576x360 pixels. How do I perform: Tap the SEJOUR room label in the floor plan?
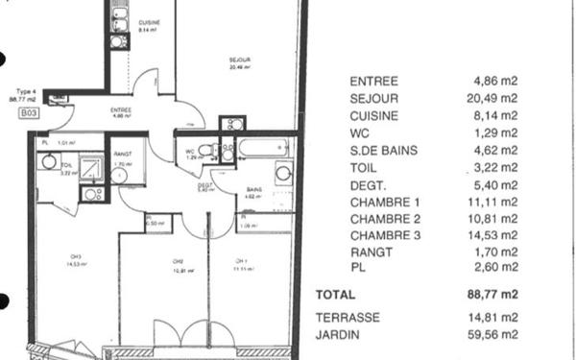239,59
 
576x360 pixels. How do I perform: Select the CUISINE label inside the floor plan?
149,22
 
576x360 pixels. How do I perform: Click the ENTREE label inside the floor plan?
121,109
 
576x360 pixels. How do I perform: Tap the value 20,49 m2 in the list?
495,98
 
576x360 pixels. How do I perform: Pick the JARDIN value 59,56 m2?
495,335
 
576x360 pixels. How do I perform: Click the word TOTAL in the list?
335,295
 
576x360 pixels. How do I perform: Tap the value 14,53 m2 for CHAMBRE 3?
495,235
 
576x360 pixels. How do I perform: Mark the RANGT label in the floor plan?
121,155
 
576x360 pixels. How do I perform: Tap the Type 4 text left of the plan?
22,91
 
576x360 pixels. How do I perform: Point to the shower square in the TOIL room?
91,169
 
